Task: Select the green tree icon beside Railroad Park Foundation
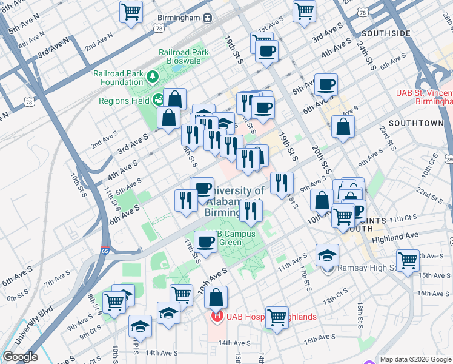click(x=153, y=76)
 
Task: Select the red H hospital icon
click(x=215, y=317)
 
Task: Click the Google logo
click(x=20, y=357)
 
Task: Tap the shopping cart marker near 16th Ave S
click(x=408, y=260)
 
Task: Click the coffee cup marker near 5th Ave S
click(x=326, y=84)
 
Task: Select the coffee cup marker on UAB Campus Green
click(x=205, y=241)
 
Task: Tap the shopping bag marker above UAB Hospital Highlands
click(x=216, y=297)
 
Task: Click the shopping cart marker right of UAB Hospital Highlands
click(x=277, y=317)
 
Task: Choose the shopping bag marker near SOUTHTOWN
click(x=343, y=127)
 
